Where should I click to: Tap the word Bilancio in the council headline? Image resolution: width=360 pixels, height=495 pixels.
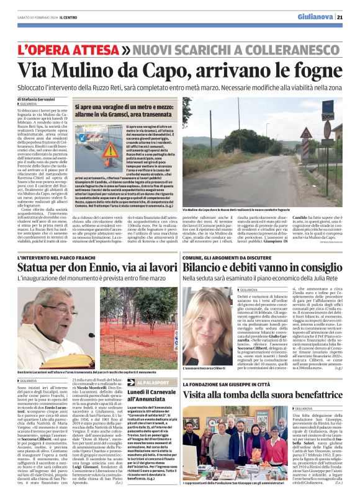pos(206,267)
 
